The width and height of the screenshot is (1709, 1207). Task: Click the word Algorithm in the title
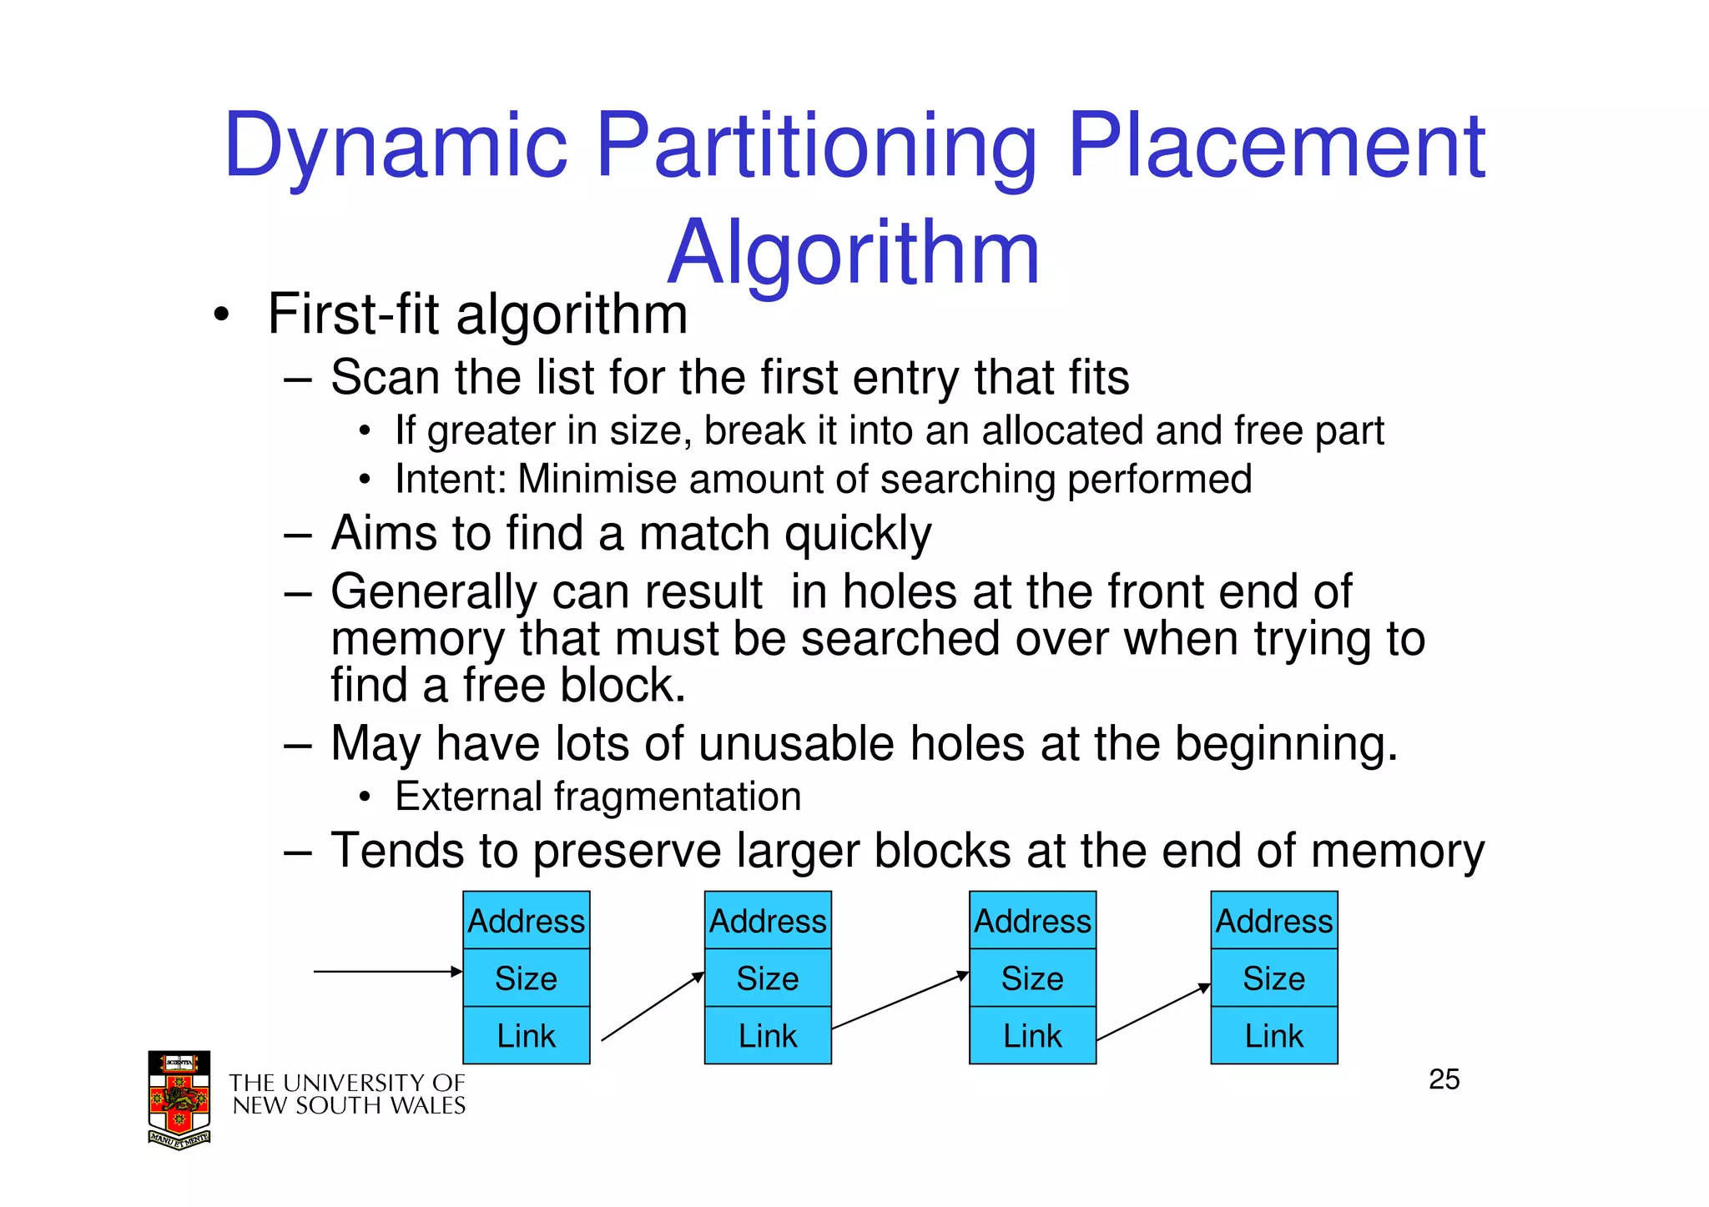pos(853,252)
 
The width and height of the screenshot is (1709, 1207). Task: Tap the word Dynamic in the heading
pos(396,148)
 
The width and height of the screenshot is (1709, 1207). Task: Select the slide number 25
pos(1444,1079)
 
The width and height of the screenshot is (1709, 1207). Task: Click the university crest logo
pos(179,1099)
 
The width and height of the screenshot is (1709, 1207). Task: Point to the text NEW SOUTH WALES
pos(349,1106)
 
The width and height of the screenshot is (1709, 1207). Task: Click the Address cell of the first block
pos(526,921)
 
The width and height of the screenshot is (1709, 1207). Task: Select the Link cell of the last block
pos(1273,1036)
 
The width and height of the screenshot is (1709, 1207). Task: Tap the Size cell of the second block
pos(768,978)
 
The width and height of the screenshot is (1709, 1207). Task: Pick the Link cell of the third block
pos(1032,1036)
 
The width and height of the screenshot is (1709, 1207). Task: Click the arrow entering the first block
pos(387,972)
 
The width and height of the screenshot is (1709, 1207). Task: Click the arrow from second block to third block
pos(900,1001)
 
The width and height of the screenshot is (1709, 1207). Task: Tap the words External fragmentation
pos(597,797)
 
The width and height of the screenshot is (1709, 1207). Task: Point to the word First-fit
pos(353,314)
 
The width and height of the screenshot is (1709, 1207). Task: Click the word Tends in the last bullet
pos(397,851)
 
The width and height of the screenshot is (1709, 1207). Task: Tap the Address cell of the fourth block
pos(1273,921)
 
